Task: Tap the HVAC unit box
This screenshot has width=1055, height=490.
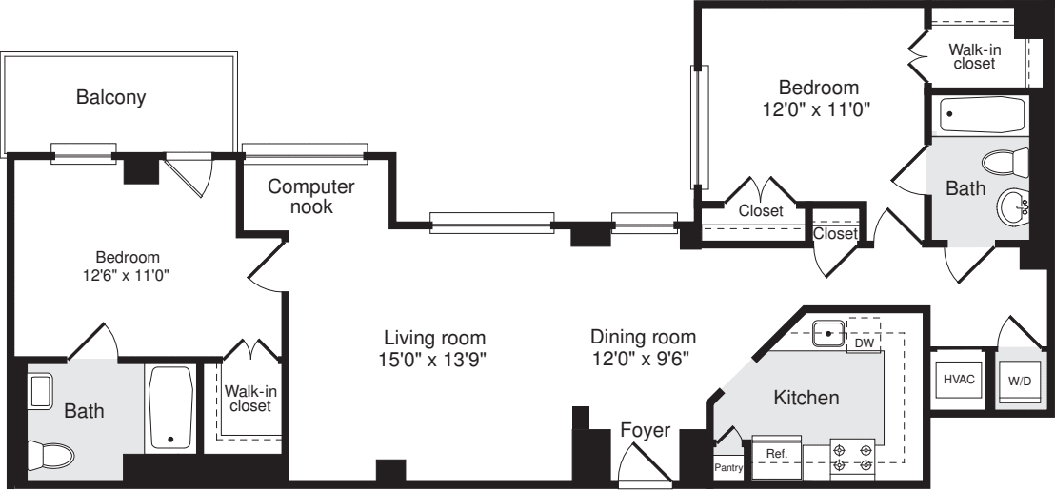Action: click(x=958, y=379)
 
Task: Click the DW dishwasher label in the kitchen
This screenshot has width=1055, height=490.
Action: click(x=864, y=343)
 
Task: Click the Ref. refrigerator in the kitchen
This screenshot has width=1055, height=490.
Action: click(x=776, y=455)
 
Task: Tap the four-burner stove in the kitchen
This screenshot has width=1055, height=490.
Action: click(x=852, y=455)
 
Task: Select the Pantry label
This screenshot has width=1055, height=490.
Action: click(x=728, y=467)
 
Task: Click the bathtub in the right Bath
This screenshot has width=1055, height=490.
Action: click(x=981, y=115)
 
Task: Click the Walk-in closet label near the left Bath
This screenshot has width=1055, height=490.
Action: click(x=248, y=398)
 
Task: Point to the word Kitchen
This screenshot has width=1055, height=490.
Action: click(x=806, y=398)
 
